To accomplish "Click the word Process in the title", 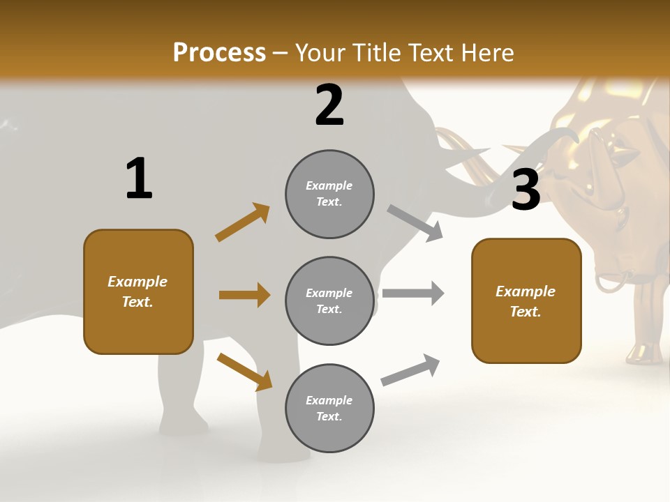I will [219, 53].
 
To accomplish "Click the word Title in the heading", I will [376, 53].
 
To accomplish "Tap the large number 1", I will [139, 178].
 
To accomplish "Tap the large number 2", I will [329, 105].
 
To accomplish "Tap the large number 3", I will [526, 190].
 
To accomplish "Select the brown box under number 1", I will [138, 291].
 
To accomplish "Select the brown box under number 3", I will [526, 301].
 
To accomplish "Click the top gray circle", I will [329, 194].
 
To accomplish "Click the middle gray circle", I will [329, 301].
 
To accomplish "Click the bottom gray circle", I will [329, 408].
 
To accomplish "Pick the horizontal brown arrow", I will [244, 295].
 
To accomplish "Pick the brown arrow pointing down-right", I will [244, 372].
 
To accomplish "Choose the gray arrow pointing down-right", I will [415, 223].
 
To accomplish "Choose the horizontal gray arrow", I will [413, 293].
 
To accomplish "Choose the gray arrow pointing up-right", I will [410, 370].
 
